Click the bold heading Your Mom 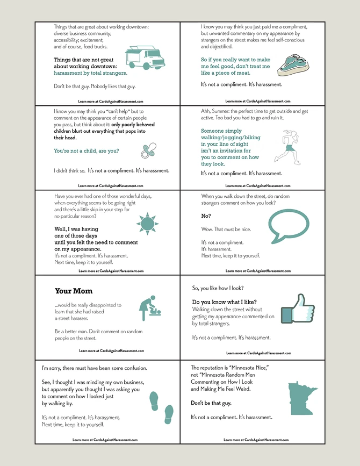coord(74,291)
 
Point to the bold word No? coord(206,216)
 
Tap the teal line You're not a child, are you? coord(87,151)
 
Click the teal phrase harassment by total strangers coord(91,73)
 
